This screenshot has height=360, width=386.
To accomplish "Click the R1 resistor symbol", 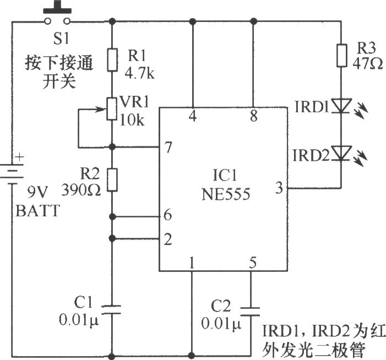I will pos(112,59).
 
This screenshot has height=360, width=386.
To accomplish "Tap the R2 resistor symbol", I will pos(112,179).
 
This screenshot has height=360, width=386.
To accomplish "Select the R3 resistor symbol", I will pos(342,55).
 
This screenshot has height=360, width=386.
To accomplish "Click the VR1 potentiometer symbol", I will pos(112,108).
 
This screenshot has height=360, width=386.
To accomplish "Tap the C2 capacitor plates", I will pos(253,310).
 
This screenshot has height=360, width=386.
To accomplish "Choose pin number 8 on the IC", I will pos(253,116).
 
